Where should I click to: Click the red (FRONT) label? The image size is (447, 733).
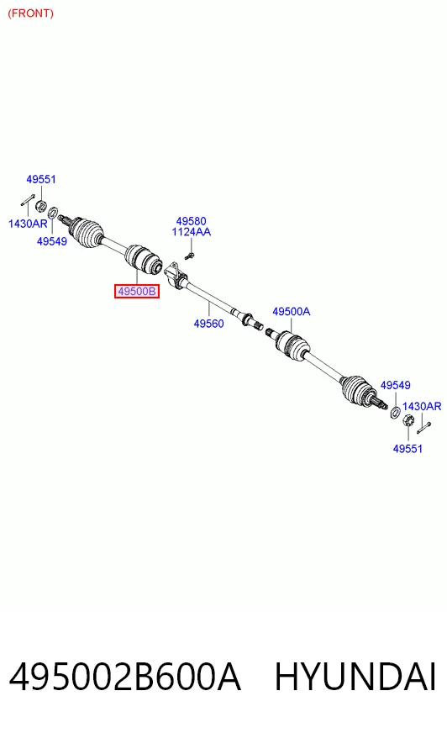coord(31,13)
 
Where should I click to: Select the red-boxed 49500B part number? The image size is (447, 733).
coord(137,292)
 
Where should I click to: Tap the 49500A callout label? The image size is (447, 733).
coord(291,311)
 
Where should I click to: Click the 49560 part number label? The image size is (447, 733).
coord(208,324)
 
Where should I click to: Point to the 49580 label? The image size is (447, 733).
coord(191,221)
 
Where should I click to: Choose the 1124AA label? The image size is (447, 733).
coord(191,232)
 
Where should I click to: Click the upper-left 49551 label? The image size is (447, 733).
coord(41,179)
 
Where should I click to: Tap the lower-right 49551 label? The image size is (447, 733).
coord(408,449)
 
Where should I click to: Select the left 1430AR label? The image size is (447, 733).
coord(28,224)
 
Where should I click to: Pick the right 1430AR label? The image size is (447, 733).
coord(422,406)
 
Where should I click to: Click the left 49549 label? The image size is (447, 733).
coord(52,241)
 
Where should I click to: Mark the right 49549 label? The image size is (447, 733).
coord(395,385)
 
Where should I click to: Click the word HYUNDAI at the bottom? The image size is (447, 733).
coord(355,677)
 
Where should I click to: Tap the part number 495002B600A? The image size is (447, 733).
coord(124,677)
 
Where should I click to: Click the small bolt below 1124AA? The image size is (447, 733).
coord(189,256)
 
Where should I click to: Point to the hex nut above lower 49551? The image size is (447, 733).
coord(408,420)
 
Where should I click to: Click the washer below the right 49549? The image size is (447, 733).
coord(395,412)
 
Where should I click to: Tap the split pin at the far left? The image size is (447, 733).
coord(28,200)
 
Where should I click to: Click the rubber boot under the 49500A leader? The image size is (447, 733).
coord(293,346)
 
